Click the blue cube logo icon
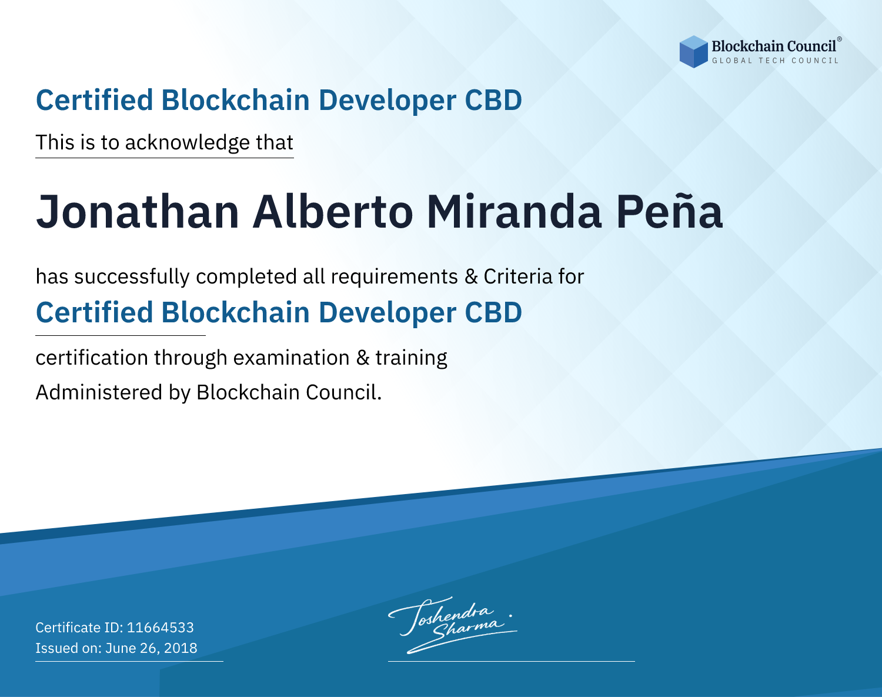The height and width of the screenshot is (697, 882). [693, 52]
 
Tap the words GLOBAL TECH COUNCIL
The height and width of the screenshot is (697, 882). [775, 61]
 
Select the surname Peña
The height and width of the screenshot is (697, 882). [669, 211]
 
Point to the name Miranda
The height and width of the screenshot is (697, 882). [514, 212]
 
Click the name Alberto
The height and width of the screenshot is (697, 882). [333, 212]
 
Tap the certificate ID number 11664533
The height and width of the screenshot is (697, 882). [161, 627]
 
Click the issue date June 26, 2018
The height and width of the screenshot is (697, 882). [151, 648]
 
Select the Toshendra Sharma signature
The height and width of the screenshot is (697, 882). [453, 625]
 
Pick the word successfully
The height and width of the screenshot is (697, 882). [132, 277]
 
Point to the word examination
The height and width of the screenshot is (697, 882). [292, 358]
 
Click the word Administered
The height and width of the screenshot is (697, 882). [99, 392]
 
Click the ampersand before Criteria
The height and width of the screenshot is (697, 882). [471, 277]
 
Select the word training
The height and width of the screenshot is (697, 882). [411, 358]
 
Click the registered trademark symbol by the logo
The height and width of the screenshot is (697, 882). [840, 39]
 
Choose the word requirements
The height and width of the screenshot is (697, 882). [395, 278]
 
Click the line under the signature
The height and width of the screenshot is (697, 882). [511, 661]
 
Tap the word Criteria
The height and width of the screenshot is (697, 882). [518, 277]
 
